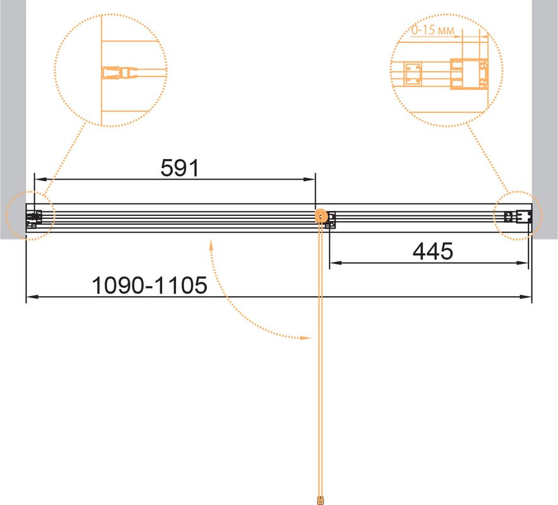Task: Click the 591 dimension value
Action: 180,168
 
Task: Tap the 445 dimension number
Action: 433,251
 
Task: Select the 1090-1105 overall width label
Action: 149,285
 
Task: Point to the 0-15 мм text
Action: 433,30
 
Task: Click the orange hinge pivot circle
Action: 322,216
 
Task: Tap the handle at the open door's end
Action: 321,499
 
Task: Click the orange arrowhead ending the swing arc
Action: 306,338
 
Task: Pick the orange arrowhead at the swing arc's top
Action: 211,245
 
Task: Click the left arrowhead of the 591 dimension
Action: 40,179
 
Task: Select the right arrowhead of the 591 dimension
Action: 309,179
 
